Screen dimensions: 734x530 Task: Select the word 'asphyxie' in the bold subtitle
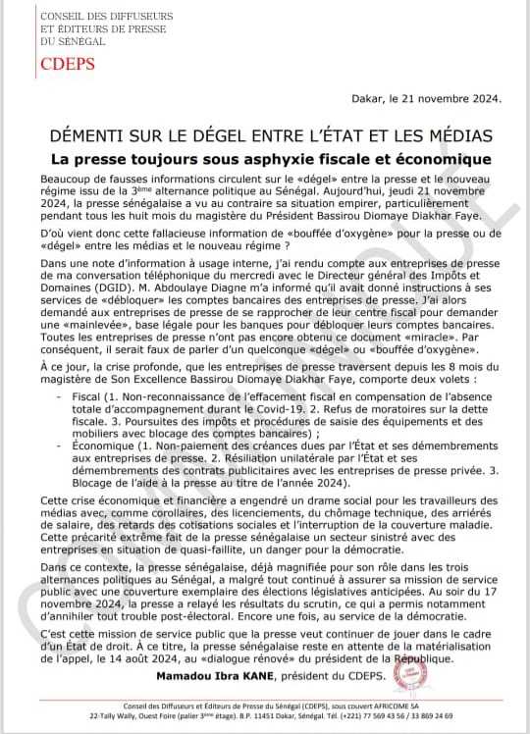[x=296, y=158]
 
